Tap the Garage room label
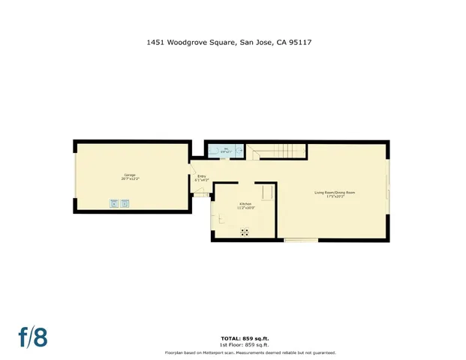coord(131,175)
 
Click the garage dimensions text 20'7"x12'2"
coord(131,179)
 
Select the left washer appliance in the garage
coord(114,202)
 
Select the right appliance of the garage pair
coord(125,202)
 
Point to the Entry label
coord(201,176)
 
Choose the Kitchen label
coord(245,204)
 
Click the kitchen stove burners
coord(245,232)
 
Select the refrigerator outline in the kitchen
coord(266,193)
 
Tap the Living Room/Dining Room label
coord(334,193)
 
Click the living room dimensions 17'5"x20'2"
coord(334,197)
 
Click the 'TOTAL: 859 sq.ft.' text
coord(240,339)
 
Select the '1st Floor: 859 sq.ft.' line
coord(240,345)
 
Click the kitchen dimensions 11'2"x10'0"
coord(245,208)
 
